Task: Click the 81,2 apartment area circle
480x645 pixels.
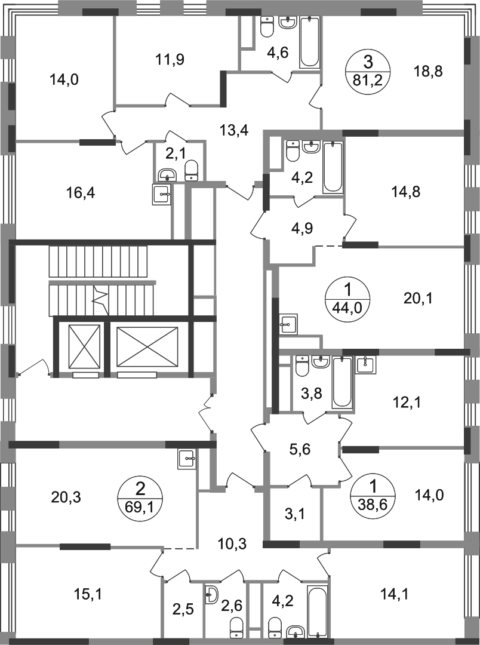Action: pos(367,70)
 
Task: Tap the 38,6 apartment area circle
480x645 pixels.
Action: pos(373,495)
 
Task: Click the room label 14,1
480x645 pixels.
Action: pos(394,594)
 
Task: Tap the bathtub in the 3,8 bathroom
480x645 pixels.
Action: pos(342,382)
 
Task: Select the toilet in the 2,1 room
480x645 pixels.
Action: pos(191,170)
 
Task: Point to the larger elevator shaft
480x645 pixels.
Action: pos(147,346)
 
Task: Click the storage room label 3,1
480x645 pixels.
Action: pos(294,514)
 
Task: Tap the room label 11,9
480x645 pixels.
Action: pos(170,60)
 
